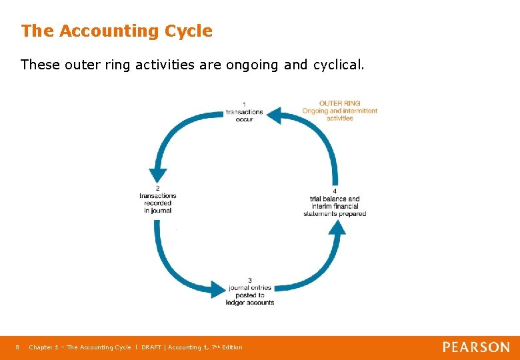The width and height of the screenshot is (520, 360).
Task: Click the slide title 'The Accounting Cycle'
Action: (x=117, y=31)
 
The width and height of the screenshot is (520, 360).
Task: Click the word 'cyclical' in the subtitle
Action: (x=338, y=65)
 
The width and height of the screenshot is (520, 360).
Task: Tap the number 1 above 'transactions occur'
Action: (x=244, y=104)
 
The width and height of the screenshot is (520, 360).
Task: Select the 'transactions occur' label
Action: (x=244, y=115)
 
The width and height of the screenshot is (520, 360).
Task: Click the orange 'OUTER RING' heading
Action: (x=339, y=103)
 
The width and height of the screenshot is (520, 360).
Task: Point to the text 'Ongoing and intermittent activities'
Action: (x=339, y=114)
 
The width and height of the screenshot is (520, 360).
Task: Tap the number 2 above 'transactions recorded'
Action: (x=157, y=188)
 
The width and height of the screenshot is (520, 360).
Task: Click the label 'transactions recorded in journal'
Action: (x=157, y=203)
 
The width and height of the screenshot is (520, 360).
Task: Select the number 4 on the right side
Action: (x=335, y=191)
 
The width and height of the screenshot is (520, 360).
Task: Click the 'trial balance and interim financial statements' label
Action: (x=335, y=206)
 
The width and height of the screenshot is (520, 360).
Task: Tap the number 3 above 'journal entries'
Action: (x=249, y=280)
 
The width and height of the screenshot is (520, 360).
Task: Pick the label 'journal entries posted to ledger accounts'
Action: (x=251, y=295)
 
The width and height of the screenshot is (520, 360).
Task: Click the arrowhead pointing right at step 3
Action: (x=219, y=289)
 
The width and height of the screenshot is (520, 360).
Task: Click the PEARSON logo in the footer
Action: (x=476, y=347)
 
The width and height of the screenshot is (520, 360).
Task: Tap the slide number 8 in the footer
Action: (x=17, y=347)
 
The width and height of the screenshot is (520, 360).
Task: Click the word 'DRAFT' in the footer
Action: (x=153, y=347)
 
